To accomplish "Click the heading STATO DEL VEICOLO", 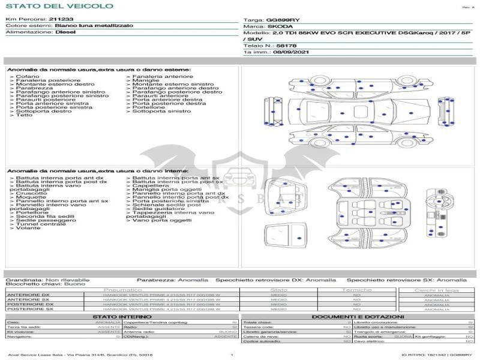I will click(59, 6).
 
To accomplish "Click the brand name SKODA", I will click(280, 26).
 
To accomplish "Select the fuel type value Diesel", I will click(66, 32).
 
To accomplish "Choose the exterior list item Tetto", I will click(25, 115).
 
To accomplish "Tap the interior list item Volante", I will click(28, 228).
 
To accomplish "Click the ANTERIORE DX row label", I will click(28, 295).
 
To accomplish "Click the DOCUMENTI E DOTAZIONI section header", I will click(358, 316).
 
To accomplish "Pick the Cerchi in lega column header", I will click(436, 290).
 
